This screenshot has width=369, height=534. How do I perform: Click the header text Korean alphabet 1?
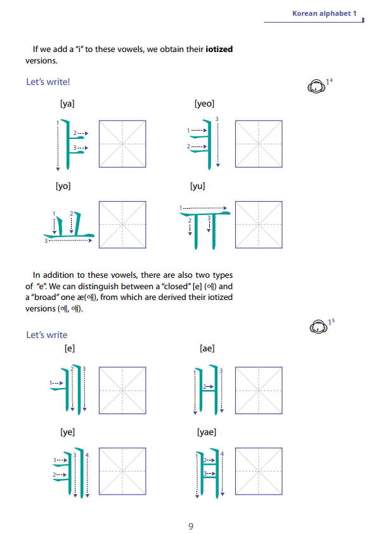[324, 13]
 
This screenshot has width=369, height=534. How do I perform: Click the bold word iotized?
[219, 49]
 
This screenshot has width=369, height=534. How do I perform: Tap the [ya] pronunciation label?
[67, 103]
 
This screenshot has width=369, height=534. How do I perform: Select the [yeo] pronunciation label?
[204, 103]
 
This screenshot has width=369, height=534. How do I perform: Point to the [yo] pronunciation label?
[63, 186]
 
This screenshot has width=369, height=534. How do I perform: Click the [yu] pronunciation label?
[197, 186]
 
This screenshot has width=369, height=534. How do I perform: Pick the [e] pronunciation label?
[70, 348]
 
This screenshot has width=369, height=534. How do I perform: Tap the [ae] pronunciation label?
[207, 348]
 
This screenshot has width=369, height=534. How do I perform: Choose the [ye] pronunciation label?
[67, 432]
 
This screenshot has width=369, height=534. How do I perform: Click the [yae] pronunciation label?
[207, 432]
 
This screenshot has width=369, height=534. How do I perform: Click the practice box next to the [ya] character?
[122, 144]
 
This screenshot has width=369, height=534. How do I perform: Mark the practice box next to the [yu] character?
[259, 225]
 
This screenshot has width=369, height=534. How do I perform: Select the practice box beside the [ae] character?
[259, 390]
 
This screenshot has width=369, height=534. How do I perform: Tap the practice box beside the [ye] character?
[122, 471]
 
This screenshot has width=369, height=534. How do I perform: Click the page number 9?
[191, 526]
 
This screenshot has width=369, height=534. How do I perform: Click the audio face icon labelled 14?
[316, 86]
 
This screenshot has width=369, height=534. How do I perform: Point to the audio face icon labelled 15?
[318, 327]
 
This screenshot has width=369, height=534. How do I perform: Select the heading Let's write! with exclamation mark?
[48, 82]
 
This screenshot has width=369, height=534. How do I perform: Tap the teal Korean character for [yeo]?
[202, 145]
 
